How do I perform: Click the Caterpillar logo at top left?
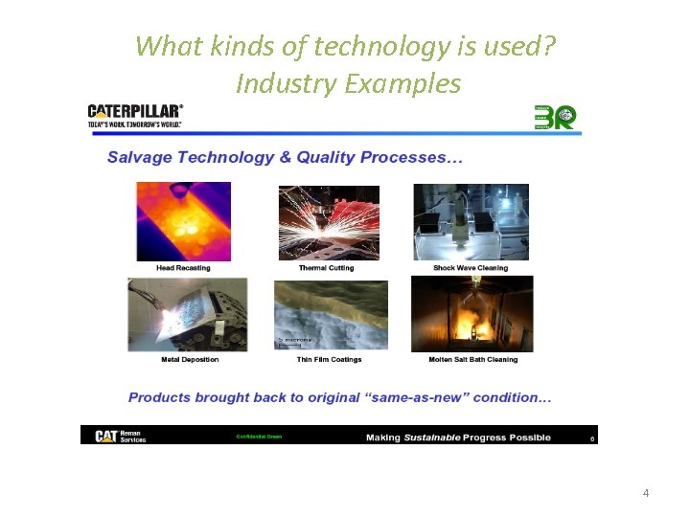(135, 115)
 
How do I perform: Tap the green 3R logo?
(555, 117)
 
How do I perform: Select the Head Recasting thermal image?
(183, 221)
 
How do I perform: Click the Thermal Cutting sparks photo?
(329, 222)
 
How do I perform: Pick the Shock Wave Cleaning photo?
(471, 221)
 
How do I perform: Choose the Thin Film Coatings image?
(330, 315)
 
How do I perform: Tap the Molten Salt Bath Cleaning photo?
(471, 314)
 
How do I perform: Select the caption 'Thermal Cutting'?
(326, 268)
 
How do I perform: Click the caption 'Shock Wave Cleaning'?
(471, 268)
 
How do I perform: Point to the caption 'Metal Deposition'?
(190, 360)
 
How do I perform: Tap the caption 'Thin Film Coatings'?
(330, 360)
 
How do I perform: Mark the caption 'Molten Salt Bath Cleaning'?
(472, 360)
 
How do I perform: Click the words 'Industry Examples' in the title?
(348, 84)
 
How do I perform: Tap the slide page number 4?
(645, 493)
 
